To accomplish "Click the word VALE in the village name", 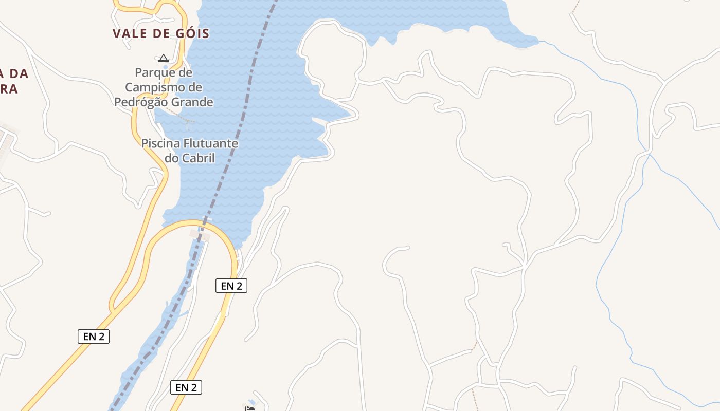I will coord(129,34).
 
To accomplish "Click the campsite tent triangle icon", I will coord(164,58).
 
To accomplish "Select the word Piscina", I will coord(160,143).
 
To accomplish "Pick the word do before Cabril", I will coord(171,158).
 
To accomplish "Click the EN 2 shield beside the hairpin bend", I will coord(231,286).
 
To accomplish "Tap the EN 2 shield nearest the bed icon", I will coord(186,387).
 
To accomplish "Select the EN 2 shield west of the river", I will coord(94,337).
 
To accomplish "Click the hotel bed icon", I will coord(250,409).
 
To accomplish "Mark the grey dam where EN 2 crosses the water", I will coord(200,235).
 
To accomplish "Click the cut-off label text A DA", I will coord(14,73).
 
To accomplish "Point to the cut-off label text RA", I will coord(9,89).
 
